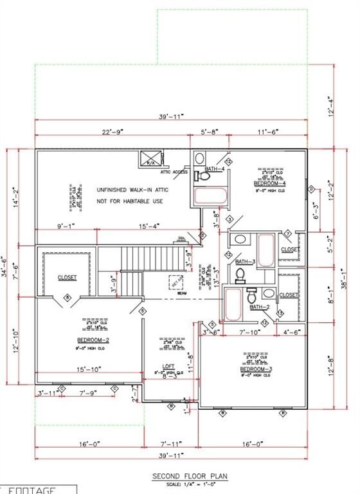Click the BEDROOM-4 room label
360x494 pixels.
[x=269, y=183]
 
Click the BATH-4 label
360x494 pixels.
[x=214, y=169]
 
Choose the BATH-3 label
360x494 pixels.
[x=245, y=262]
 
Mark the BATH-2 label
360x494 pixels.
[x=260, y=307]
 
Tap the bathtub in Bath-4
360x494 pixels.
[x=210, y=196]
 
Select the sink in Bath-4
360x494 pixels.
[x=199, y=158]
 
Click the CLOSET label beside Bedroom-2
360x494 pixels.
[x=67, y=278]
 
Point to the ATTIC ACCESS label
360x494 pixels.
[x=174, y=172]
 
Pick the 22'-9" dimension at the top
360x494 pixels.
[x=112, y=131]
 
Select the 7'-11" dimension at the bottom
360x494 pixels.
[x=170, y=443]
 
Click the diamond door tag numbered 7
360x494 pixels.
[x=288, y=233]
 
